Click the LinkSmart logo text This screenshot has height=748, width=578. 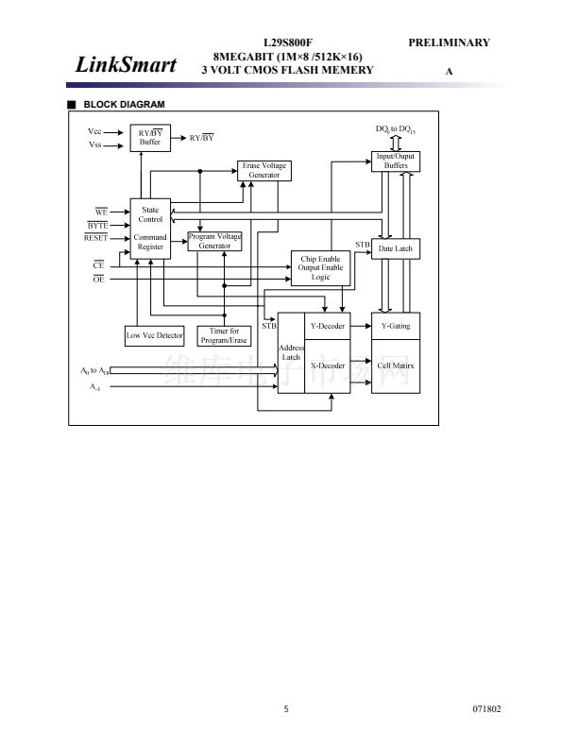[x=126, y=64]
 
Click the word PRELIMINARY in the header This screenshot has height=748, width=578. [x=449, y=42]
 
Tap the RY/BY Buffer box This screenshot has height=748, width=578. [x=150, y=138]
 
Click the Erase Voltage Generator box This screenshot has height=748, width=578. [x=263, y=170]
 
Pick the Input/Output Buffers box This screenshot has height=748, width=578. [x=396, y=161]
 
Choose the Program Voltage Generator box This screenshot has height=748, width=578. [x=214, y=241]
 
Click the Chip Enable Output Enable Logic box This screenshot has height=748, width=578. [x=320, y=267]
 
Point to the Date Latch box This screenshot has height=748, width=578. [x=396, y=248]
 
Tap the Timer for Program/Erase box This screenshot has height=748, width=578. [x=224, y=335]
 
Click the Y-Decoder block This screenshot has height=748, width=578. [x=328, y=326]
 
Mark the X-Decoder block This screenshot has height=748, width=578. [x=328, y=365]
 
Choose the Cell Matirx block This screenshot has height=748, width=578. [x=396, y=365]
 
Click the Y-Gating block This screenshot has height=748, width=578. [x=396, y=326]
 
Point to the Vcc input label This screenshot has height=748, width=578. [x=94, y=131]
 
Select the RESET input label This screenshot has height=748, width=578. [x=95, y=238]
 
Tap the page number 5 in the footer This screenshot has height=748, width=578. [x=286, y=708]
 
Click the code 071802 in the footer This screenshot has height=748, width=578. [x=486, y=708]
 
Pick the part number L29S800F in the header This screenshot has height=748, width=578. [x=287, y=42]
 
